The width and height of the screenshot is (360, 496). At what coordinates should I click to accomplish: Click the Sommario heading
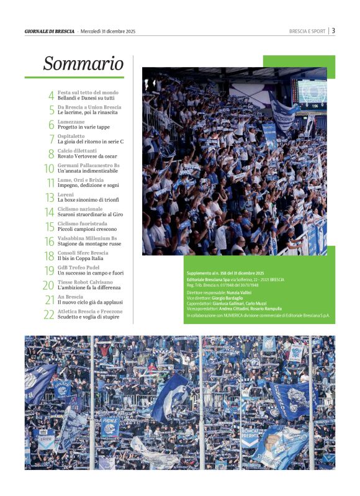pyautogui.click(x=83, y=63)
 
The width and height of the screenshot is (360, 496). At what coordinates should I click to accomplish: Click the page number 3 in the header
pyautogui.click(x=333, y=30)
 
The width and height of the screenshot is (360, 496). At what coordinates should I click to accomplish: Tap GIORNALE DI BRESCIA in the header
pyautogui.click(x=50, y=31)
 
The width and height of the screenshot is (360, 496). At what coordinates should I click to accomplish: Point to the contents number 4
pyautogui.click(x=51, y=96)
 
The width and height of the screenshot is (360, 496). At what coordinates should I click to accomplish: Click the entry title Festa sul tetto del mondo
pyautogui.click(x=88, y=92)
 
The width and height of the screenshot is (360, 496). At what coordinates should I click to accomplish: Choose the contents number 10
pyautogui.click(x=49, y=168)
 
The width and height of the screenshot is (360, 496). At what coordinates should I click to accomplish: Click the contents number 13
pyautogui.click(x=49, y=197)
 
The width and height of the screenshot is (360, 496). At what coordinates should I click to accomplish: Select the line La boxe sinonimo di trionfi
pyautogui.click(x=88, y=200)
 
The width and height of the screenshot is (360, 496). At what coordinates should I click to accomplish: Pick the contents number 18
pyautogui.click(x=49, y=256)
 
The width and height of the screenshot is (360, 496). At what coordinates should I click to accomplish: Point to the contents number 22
pyautogui.click(x=49, y=315)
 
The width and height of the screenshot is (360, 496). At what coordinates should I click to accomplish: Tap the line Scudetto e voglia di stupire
pyautogui.click(x=90, y=317)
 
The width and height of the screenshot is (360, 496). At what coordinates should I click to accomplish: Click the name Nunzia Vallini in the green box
pyautogui.click(x=246, y=292)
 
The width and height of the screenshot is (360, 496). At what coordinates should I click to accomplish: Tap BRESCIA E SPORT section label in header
pyautogui.click(x=307, y=31)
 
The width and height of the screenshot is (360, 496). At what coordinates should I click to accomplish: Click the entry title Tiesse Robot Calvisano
pyautogui.click(x=86, y=282)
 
